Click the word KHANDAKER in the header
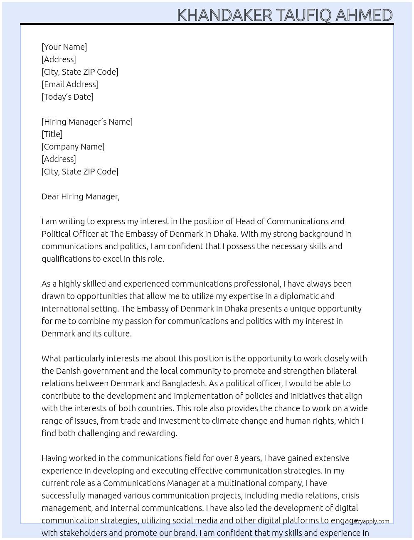coord(224,15)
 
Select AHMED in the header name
coord(364,15)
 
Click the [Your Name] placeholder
coord(64,47)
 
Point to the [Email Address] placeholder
coord(70,84)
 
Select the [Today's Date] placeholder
coord(67,97)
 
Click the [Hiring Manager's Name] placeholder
coord(87,122)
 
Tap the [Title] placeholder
coord(52,134)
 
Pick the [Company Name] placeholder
coord(73,147)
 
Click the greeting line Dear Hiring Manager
coord(80,196)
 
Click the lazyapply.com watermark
coord(371,521)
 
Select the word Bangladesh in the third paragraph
coord(183,383)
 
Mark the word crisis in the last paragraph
coord(350,496)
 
